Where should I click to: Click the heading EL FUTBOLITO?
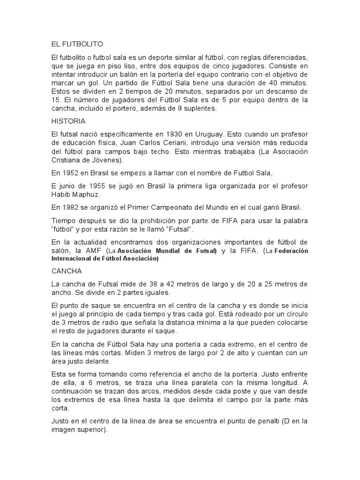tap(77, 44)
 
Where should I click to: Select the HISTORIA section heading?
tap(68, 121)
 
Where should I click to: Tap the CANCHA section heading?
tap(67, 271)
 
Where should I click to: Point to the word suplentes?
tap(201, 108)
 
